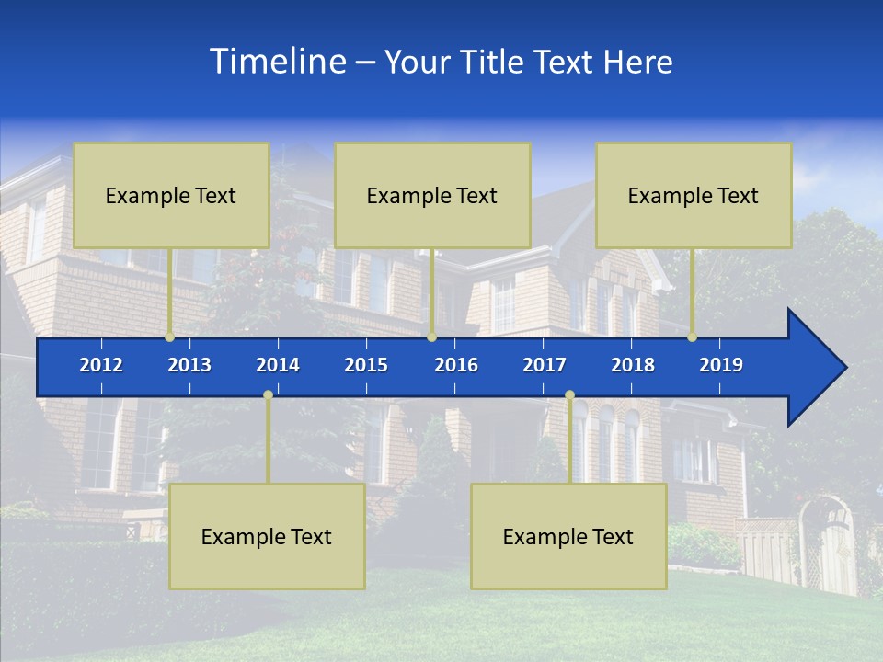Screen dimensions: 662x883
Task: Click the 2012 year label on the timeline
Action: (x=101, y=365)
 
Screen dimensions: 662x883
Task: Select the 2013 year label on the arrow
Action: (x=189, y=365)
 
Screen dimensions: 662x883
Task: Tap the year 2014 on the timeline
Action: (x=278, y=365)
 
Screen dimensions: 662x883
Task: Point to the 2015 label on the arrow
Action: (x=366, y=365)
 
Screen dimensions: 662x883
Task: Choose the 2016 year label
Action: (x=456, y=365)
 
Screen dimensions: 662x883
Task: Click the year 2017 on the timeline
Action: (x=545, y=365)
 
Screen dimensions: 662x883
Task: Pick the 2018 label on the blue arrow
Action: (x=633, y=365)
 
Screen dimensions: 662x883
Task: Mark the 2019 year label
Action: (x=721, y=365)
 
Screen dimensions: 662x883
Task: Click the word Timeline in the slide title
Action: (x=276, y=62)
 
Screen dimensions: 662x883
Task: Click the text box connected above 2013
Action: (x=171, y=195)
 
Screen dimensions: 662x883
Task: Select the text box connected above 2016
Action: (x=432, y=195)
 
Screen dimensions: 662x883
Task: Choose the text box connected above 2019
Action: (x=694, y=195)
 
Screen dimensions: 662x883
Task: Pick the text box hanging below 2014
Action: (x=267, y=536)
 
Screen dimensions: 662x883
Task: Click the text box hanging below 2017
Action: (x=568, y=536)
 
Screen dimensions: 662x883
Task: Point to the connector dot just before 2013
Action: (x=170, y=337)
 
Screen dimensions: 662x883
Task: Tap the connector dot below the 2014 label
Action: (x=268, y=395)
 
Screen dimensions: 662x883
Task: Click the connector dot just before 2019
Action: (x=693, y=337)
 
